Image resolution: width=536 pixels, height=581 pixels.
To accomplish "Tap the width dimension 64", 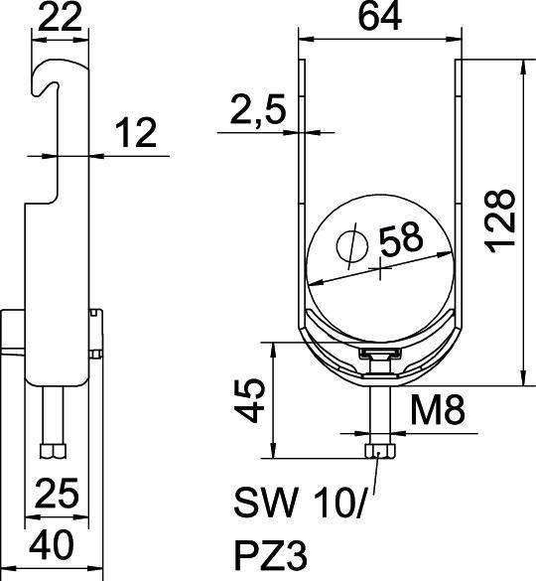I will pyautogui.click(x=381, y=17).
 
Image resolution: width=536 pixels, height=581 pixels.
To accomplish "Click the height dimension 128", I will pyautogui.click(x=503, y=217).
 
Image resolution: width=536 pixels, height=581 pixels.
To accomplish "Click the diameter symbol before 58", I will pyautogui.click(x=349, y=243).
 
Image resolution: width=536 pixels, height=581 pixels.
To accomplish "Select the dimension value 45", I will pyautogui.click(x=254, y=399).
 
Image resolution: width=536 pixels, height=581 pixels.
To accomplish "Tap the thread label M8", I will pyautogui.click(x=430, y=407).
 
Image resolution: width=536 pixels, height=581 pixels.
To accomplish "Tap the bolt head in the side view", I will pyautogui.click(x=53, y=452).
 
